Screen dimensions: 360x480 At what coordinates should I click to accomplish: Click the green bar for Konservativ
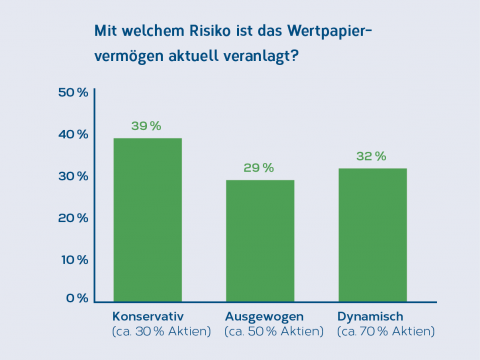(x=147, y=219)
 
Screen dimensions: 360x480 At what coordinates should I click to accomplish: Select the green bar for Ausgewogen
(x=260, y=240)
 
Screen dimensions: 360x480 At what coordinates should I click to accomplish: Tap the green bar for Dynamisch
(x=372, y=234)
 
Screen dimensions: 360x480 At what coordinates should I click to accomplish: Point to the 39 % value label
(x=147, y=126)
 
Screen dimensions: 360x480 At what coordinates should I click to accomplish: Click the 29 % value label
(x=260, y=168)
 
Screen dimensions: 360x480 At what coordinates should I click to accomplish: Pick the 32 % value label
(x=372, y=156)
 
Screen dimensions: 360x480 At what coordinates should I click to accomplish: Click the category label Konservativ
(x=148, y=316)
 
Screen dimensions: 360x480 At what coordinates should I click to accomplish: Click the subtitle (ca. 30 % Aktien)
(x=161, y=331)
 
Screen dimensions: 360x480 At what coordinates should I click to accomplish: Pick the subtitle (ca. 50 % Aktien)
(x=274, y=331)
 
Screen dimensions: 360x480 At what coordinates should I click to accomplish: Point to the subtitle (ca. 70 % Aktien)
(x=386, y=331)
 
